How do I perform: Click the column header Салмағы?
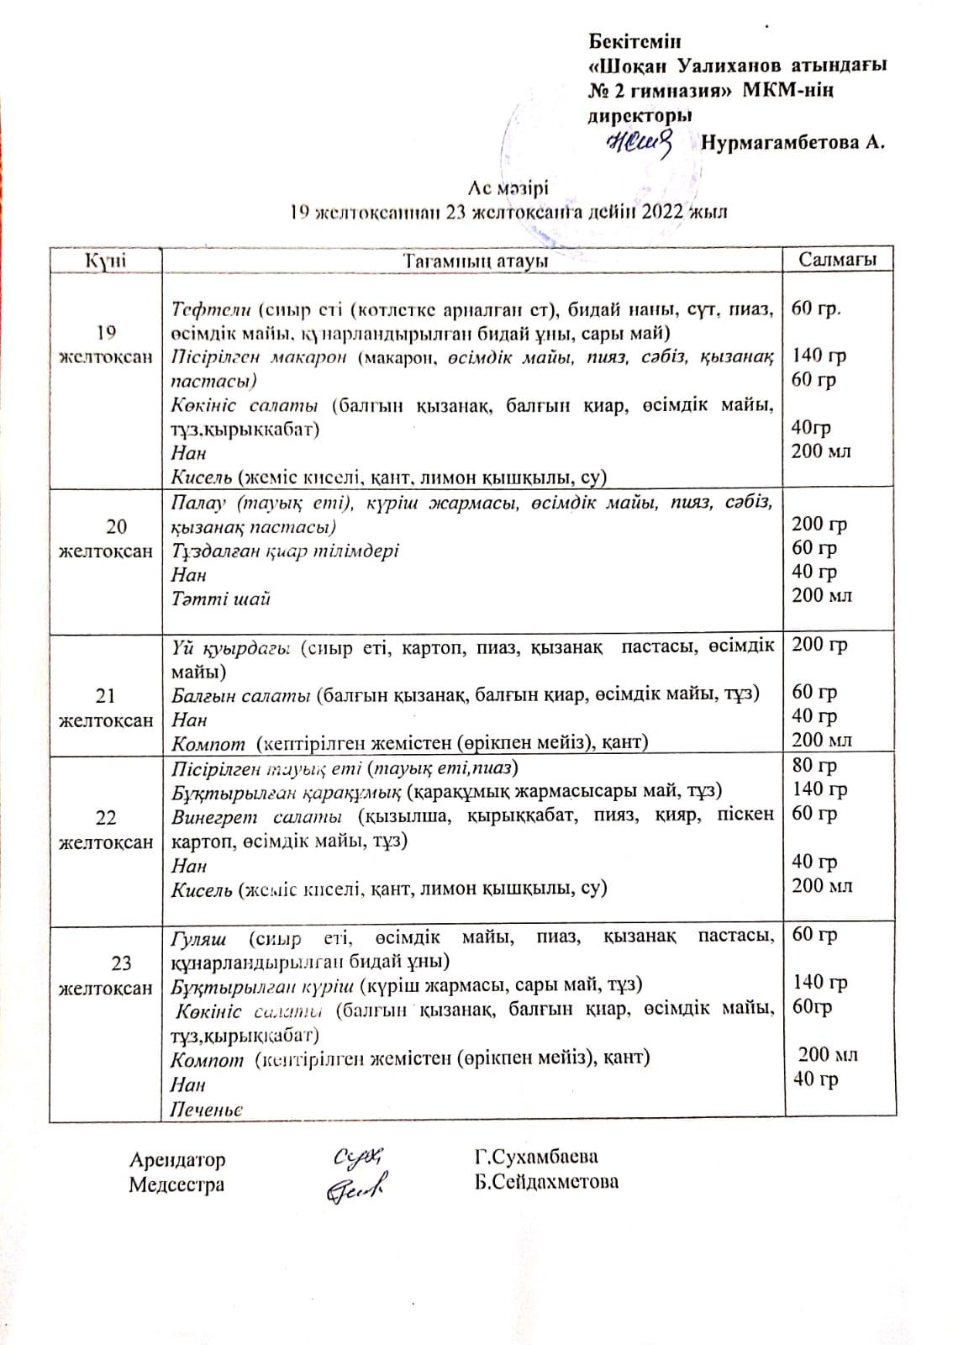pyautogui.click(x=837, y=260)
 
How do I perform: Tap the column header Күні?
pyautogui.click(x=105, y=261)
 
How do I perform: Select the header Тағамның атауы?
pyautogui.click(x=475, y=261)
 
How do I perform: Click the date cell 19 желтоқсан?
pyautogui.click(x=106, y=344)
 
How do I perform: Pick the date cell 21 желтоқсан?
pyautogui.click(x=106, y=708)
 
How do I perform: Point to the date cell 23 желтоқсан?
pyautogui.click(x=106, y=975)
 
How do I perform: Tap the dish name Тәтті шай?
pyautogui.click(x=220, y=599)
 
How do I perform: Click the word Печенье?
pyautogui.click(x=207, y=1110)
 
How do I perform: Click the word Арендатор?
pyautogui.click(x=177, y=1160)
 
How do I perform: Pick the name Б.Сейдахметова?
pyautogui.click(x=545, y=1182)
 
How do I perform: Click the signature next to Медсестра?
pyautogui.click(x=356, y=1186)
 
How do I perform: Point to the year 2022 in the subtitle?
pyautogui.click(x=663, y=212)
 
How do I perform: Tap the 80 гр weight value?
pyautogui.click(x=814, y=766)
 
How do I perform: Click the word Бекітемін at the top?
pyautogui.click(x=634, y=41)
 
